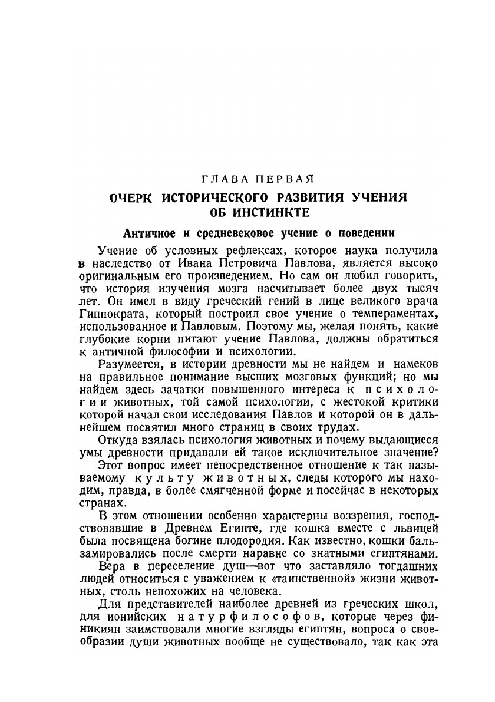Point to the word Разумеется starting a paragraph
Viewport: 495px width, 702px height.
[x=130, y=365]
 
